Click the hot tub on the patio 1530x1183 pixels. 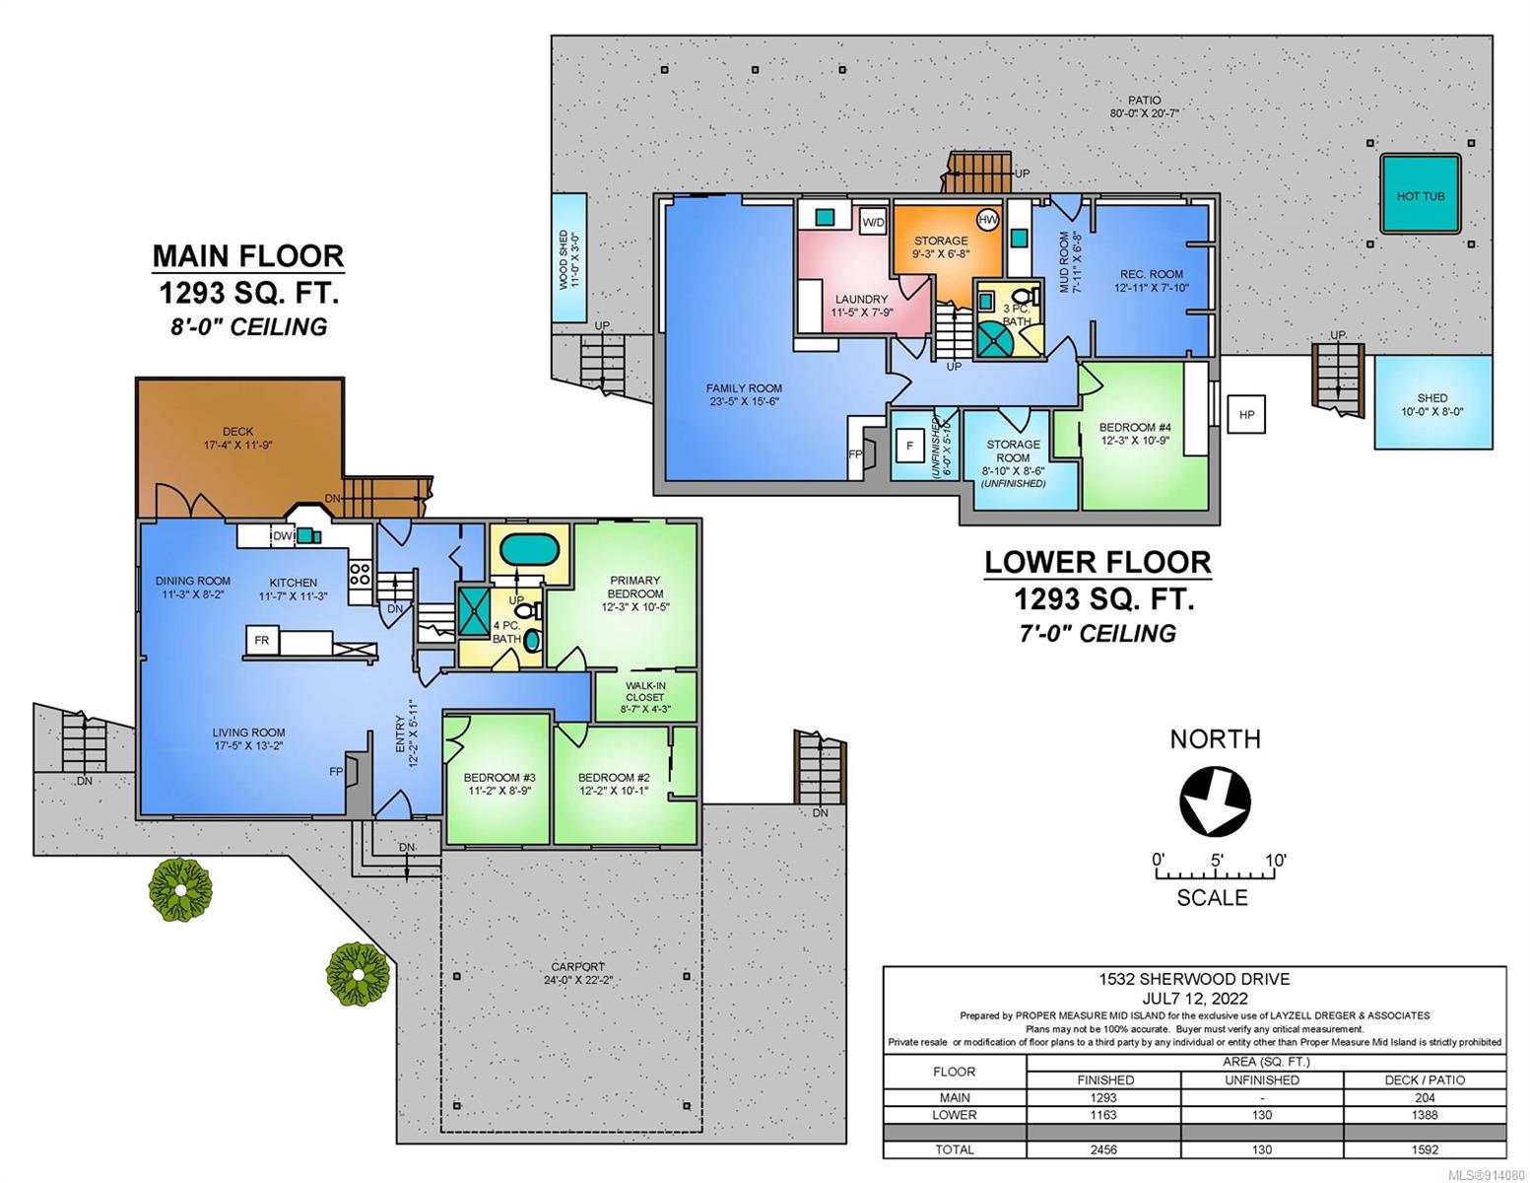click(x=1420, y=194)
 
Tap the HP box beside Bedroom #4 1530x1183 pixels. click(x=1246, y=414)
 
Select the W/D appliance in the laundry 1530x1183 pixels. click(x=873, y=222)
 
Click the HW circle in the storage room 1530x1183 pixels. click(x=988, y=220)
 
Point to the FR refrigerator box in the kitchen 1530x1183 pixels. click(x=262, y=640)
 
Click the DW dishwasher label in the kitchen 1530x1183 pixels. click(x=283, y=536)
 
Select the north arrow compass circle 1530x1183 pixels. click(x=1215, y=801)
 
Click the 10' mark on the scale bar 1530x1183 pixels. click(x=1275, y=861)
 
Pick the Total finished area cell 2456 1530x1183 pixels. click(x=1104, y=1149)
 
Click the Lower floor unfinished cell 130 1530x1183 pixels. click(x=1262, y=1115)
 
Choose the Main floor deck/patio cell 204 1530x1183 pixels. click(x=1424, y=1097)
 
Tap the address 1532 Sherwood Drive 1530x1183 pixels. click(x=1194, y=979)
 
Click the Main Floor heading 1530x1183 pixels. click(x=248, y=255)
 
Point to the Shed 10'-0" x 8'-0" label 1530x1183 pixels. click(x=1432, y=404)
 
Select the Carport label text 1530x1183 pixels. click(x=577, y=967)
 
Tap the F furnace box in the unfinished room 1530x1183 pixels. click(x=909, y=446)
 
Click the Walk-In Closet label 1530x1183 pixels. click(x=645, y=690)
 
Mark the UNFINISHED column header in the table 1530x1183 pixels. click(x=1262, y=1079)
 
